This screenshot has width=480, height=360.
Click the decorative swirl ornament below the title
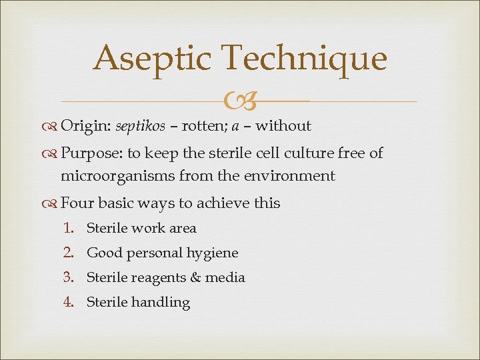point(241,102)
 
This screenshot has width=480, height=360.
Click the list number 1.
point(67,228)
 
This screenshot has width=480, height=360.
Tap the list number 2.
point(67,253)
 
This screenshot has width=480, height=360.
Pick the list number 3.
point(67,277)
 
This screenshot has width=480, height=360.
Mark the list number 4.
point(67,302)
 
